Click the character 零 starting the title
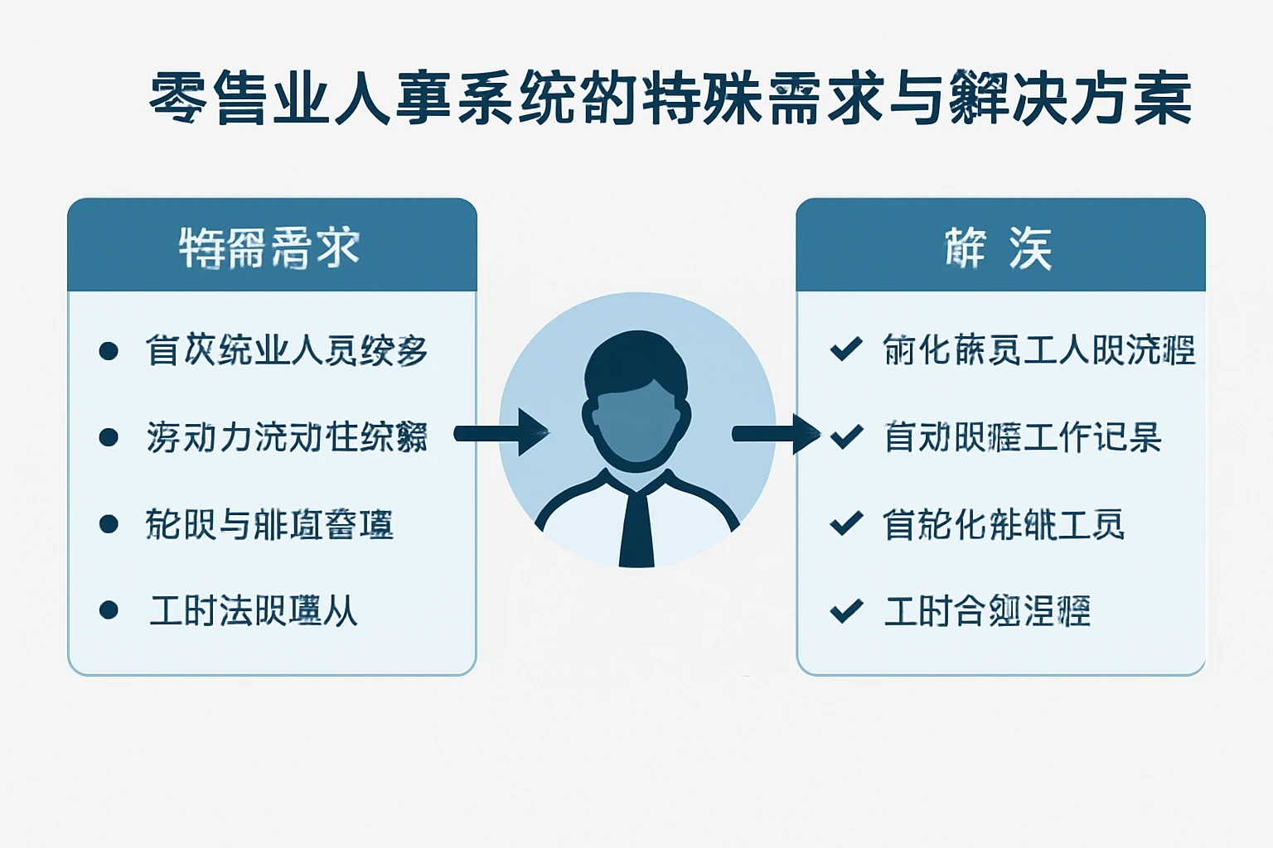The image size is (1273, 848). (x=178, y=99)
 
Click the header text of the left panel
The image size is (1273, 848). (x=270, y=247)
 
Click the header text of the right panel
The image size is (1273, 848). (x=999, y=247)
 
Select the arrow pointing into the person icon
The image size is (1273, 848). (x=502, y=432)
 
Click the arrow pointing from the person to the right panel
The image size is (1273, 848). (x=776, y=433)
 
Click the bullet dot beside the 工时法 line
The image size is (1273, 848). (x=109, y=610)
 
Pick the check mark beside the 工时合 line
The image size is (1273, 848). (x=846, y=610)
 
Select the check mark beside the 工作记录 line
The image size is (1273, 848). (x=846, y=436)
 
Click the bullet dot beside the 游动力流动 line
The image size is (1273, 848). (x=109, y=436)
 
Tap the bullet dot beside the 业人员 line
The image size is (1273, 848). (x=109, y=350)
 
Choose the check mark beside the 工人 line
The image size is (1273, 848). (x=846, y=349)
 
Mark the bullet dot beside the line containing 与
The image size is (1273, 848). (x=109, y=523)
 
